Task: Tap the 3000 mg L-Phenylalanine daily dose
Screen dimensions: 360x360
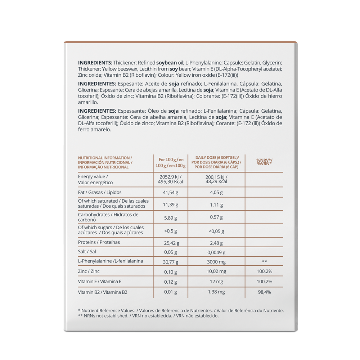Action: pyautogui.click(x=216, y=261)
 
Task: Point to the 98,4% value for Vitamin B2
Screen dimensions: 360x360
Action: pyautogui.click(x=264, y=292)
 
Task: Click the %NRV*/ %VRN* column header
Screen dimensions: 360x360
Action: pyautogui.click(x=264, y=162)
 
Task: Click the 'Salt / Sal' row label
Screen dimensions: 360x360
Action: pyautogui.click(x=87, y=252)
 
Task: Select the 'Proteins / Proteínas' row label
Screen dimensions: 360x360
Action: pyautogui.click(x=99, y=242)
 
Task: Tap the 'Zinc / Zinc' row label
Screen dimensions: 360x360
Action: pyautogui.click(x=89, y=271)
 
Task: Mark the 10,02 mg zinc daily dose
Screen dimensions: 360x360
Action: pyautogui.click(x=216, y=271)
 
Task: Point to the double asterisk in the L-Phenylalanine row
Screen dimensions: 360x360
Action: pyautogui.click(x=264, y=261)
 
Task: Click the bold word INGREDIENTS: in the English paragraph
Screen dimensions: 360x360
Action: pyautogui.click(x=95, y=62)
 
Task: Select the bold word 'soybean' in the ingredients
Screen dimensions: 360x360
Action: pyautogui.click(x=167, y=62)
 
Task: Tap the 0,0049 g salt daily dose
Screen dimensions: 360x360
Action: pyautogui.click(x=216, y=253)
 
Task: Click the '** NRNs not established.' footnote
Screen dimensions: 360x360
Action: pyautogui.click(x=103, y=316)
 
